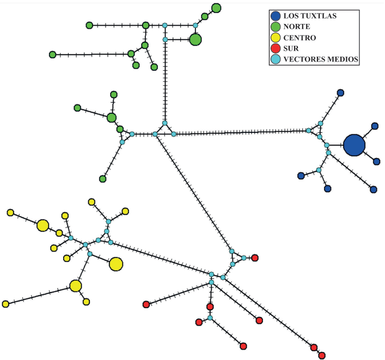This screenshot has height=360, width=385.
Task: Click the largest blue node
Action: [354, 145]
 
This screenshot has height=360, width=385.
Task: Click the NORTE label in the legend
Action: [297, 27]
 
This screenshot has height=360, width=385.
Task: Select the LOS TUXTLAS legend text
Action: [310, 16]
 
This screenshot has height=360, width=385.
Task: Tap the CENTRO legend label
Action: [300, 38]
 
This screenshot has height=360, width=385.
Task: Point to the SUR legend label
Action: [291, 48]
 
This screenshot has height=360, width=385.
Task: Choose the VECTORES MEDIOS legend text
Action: [321, 59]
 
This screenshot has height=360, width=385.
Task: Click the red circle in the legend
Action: [276, 48]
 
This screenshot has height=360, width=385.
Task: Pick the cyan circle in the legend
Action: [276, 59]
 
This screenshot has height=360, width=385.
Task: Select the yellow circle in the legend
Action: [276, 38]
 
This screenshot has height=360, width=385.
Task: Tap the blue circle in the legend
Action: [276, 16]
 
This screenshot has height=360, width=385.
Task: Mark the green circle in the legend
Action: [276, 27]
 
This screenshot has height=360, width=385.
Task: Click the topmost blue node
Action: [340, 93]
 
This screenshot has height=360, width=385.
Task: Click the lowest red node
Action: [322, 355]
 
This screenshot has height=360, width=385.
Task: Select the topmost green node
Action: [216, 8]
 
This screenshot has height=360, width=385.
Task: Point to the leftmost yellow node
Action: [5, 304]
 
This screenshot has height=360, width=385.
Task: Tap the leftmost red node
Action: [146, 304]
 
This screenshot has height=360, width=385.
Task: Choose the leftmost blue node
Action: [301, 176]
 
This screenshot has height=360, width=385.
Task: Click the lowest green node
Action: [102, 179]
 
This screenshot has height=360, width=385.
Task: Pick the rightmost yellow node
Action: [125, 211]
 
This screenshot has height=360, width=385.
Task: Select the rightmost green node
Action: [216, 8]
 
